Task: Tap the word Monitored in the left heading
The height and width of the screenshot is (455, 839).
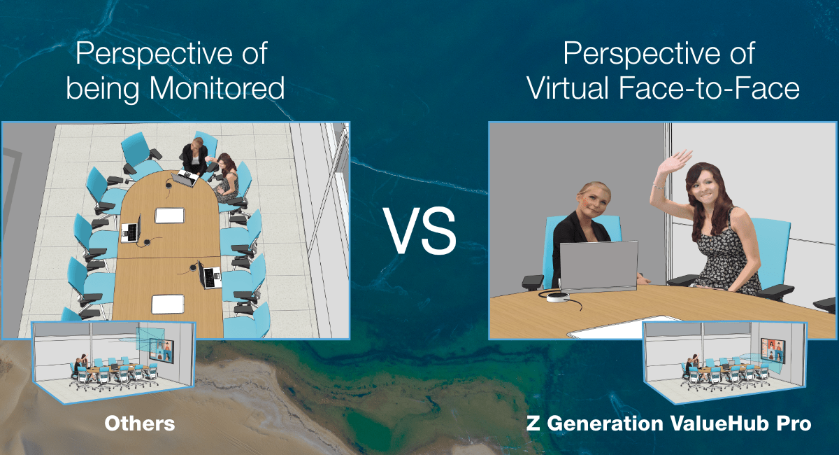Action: pos(217,88)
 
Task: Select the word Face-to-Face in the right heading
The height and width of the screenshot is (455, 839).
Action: pos(709,88)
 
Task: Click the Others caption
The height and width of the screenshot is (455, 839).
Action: pos(140,423)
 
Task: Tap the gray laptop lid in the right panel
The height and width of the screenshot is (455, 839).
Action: pos(598,266)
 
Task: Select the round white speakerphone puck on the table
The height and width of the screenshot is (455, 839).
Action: pos(558,297)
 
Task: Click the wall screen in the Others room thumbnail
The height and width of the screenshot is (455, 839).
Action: pos(162,350)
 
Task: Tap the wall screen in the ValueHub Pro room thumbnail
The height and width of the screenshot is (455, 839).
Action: pos(773,350)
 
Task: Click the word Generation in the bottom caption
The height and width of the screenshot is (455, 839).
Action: pos(605,423)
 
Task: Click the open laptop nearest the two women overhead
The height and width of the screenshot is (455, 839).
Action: pos(186,178)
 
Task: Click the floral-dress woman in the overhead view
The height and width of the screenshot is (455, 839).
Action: pos(226,178)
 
